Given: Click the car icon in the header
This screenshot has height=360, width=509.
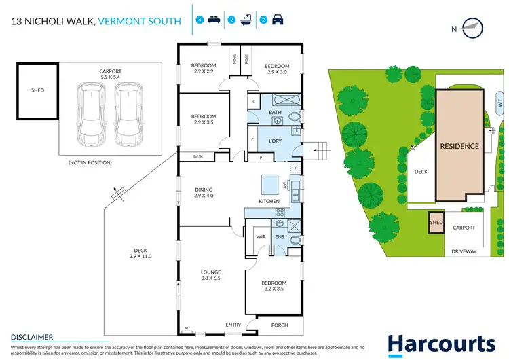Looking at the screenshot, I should coord(278,21).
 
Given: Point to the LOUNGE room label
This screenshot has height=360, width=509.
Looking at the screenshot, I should coord(210,275).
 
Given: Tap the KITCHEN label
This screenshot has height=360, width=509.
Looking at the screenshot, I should coord(269,201).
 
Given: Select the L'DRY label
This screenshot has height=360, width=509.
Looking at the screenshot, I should coord(276,140).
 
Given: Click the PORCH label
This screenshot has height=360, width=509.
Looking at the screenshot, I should coord(279,325).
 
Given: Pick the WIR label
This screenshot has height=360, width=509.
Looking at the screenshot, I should coord(260,236).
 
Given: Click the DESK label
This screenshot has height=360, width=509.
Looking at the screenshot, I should coord(198,156).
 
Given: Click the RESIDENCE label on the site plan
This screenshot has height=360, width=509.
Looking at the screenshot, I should coord(459,146).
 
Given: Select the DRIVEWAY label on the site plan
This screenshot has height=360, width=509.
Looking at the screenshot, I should coord(465,251).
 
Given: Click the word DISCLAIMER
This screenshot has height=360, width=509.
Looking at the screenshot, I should coord(31,336).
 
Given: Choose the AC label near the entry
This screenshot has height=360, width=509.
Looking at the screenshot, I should coord(187,327).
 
